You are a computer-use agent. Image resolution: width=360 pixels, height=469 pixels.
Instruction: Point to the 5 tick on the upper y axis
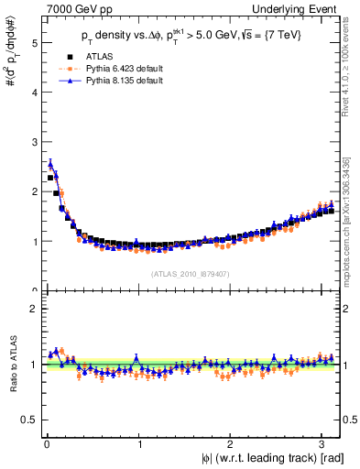pos(34,43)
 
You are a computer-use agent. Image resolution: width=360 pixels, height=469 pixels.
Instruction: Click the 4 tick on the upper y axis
pos(34,93)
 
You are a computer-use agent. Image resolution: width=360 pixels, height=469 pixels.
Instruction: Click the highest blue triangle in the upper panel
pos(50,165)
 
